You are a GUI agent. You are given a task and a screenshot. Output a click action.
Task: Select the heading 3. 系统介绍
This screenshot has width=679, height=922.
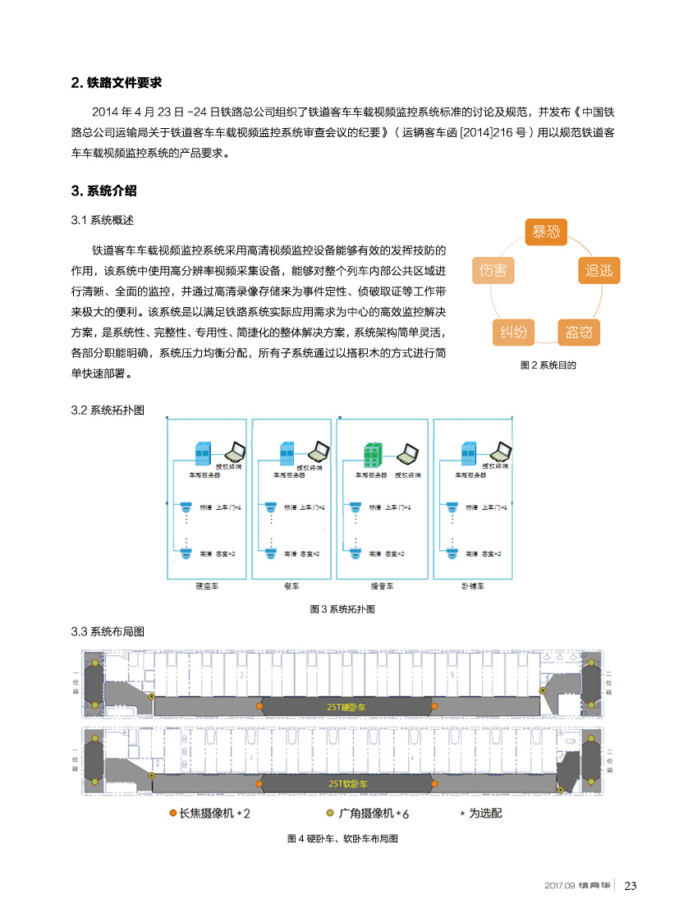click(104, 191)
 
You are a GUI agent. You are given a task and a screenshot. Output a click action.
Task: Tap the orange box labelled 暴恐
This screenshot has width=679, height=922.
click(546, 232)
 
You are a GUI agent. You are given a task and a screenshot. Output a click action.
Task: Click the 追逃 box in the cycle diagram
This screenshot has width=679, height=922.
click(599, 270)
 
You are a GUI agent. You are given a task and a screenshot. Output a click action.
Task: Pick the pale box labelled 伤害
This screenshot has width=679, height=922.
click(493, 270)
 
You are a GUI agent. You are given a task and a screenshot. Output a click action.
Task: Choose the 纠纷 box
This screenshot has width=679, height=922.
click(513, 333)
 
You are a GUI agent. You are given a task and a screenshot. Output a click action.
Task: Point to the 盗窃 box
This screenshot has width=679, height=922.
click(578, 333)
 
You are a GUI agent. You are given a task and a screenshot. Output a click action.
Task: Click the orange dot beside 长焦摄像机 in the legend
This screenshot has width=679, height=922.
click(172, 814)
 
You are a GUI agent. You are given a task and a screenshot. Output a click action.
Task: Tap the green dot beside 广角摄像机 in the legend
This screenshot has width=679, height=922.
click(329, 814)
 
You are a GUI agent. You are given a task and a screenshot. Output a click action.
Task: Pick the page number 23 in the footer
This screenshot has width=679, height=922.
click(631, 885)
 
